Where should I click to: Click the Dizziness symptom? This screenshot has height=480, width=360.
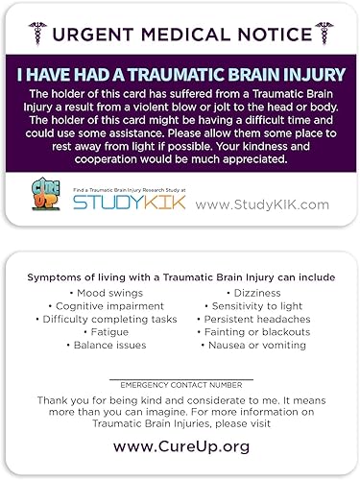click(252, 292)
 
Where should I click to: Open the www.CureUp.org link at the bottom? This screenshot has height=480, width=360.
click(180, 446)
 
